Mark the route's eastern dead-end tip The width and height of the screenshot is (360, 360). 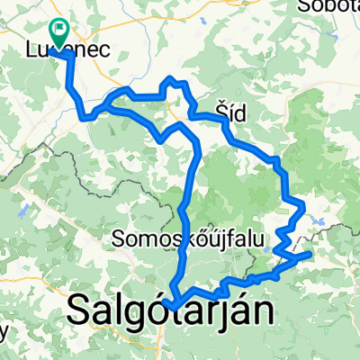pyautogui.click(x=310, y=255)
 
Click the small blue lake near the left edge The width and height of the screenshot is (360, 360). pyautogui.click(x=19, y=215)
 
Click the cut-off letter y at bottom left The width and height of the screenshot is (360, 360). pyautogui.click(x=4, y=331)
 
